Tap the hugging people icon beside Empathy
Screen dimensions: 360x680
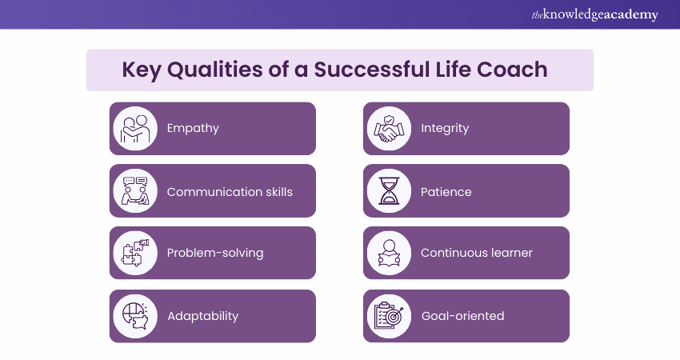(x=135, y=128)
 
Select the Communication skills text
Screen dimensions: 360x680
(x=230, y=192)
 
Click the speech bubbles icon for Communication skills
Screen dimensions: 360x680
(x=135, y=191)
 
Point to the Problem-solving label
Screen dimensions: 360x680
(x=214, y=253)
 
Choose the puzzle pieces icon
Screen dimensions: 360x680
(x=135, y=253)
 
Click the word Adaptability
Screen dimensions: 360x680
(x=202, y=315)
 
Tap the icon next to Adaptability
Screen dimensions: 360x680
(x=135, y=315)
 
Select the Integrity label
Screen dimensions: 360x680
(x=445, y=128)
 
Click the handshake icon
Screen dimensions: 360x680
(x=389, y=128)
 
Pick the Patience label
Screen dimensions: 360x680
(x=446, y=192)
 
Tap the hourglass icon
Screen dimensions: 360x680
(x=389, y=191)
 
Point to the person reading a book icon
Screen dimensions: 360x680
(x=389, y=253)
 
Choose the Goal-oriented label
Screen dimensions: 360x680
(x=462, y=315)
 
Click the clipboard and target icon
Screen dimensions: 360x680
(x=389, y=315)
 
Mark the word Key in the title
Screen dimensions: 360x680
(x=141, y=70)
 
